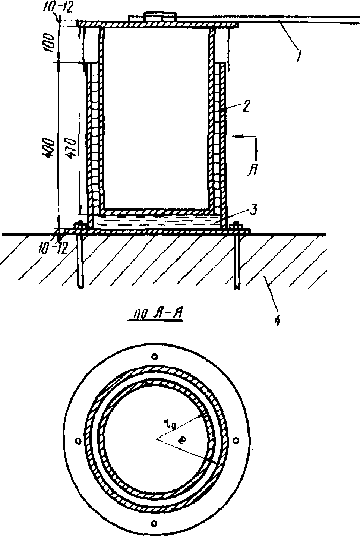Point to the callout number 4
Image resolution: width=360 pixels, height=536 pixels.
click(277, 320)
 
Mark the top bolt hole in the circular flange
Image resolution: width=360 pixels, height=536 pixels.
click(154, 357)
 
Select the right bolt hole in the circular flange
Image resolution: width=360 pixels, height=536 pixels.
click(236, 441)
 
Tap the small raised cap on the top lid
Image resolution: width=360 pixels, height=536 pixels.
click(160, 17)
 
